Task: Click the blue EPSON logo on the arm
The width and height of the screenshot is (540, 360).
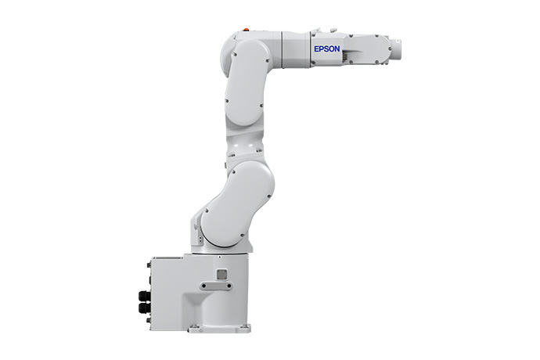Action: pyautogui.click(x=327, y=49)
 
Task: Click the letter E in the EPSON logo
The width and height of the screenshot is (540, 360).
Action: pyautogui.click(x=316, y=49)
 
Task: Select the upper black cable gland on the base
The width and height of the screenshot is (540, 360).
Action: pyautogui.click(x=144, y=296)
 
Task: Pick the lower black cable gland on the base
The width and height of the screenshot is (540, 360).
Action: pyautogui.click(x=144, y=308)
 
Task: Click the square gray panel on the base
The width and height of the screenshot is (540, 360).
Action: pyautogui.click(x=221, y=274)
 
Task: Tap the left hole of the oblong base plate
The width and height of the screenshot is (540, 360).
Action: pyautogui.click(x=204, y=286)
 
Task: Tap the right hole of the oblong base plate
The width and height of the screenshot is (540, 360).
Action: pyautogui.click(x=229, y=286)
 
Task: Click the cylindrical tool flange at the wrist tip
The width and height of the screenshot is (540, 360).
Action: pyautogui.click(x=396, y=49)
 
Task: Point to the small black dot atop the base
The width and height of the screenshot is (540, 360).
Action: pyautogui.click(x=220, y=257)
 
